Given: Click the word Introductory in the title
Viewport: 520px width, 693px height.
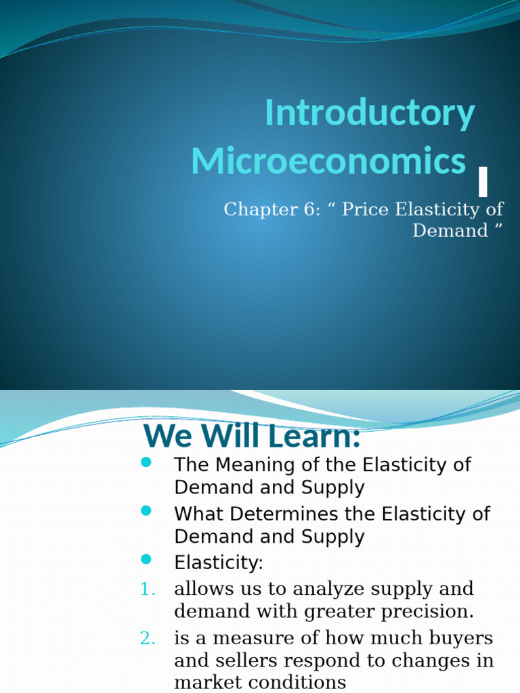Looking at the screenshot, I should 369,113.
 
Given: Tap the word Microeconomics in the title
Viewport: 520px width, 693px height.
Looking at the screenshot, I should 328,162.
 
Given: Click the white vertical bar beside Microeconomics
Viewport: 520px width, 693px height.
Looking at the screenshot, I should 483,181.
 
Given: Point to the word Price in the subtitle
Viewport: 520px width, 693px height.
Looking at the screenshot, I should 366,210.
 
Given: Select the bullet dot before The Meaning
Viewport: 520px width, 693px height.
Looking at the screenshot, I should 146,462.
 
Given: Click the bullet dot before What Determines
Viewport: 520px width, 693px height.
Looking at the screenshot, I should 146,511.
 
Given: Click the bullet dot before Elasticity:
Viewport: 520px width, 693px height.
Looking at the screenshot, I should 146,560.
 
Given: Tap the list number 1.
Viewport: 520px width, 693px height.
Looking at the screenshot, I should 148,589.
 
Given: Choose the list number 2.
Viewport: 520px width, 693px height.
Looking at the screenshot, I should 148,638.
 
